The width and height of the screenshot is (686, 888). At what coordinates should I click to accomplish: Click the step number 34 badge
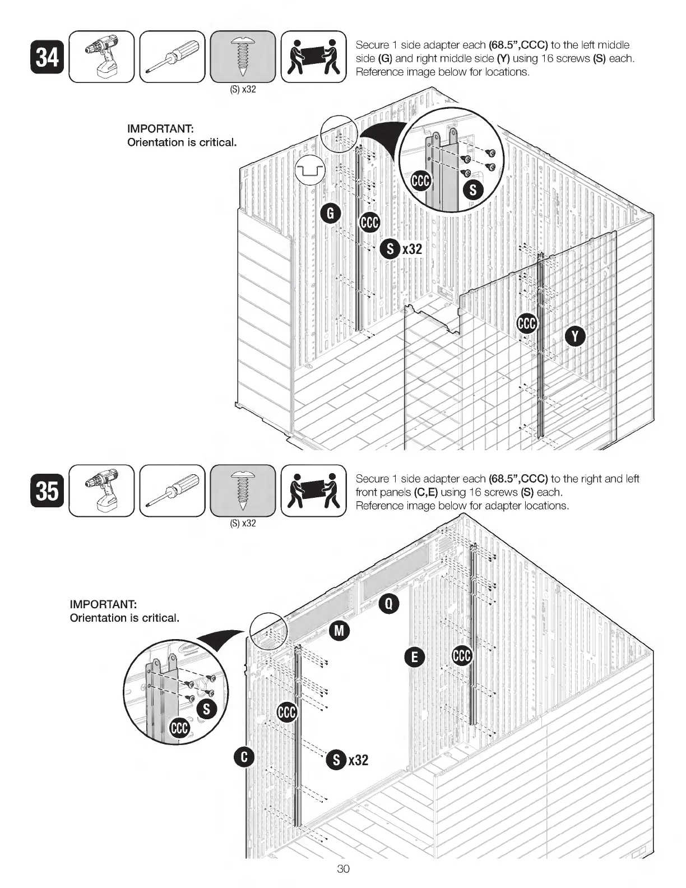(48, 57)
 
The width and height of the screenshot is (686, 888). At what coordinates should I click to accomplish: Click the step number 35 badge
(48, 491)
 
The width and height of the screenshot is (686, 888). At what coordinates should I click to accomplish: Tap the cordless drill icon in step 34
(101, 57)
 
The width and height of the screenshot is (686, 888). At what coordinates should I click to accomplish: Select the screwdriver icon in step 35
(172, 491)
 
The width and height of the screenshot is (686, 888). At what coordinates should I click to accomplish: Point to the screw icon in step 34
(243, 57)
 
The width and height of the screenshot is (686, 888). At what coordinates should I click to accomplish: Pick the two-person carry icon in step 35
(313, 491)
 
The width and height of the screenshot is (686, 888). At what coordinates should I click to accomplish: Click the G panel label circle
(330, 214)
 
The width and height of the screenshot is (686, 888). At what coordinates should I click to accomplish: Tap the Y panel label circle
(575, 336)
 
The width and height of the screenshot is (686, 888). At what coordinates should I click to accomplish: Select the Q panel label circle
(389, 603)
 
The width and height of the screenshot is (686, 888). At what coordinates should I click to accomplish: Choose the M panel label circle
(339, 630)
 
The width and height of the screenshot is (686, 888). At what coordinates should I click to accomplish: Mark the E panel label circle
(414, 656)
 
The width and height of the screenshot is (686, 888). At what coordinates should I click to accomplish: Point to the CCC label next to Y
(527, 323)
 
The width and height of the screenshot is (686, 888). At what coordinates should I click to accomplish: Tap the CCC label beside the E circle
(462, 656)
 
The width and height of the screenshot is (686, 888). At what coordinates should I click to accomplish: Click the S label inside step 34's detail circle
(472, 190)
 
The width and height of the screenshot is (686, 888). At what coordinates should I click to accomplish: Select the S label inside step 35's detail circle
(207, 709)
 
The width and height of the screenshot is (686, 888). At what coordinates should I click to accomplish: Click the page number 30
(343, 869)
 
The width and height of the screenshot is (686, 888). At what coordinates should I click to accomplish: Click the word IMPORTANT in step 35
(104, 604)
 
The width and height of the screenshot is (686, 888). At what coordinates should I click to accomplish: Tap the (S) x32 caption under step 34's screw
(243, 90)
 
